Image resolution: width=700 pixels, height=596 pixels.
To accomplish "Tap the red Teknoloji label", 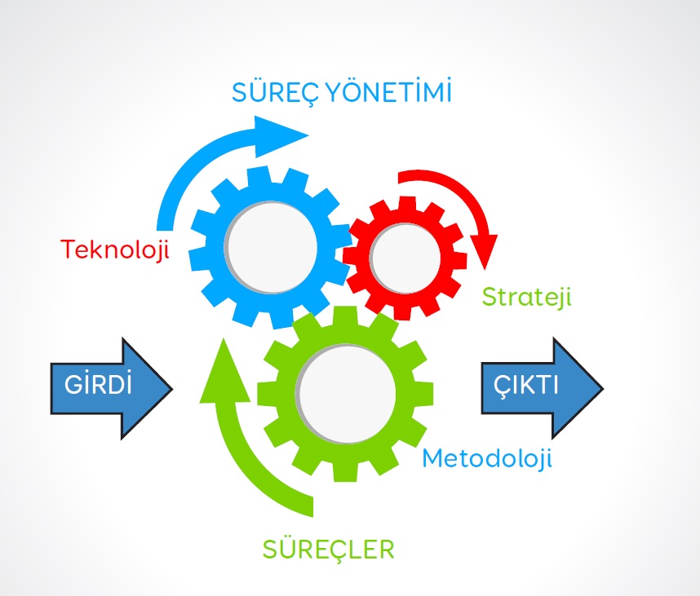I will click(x=115, y=249).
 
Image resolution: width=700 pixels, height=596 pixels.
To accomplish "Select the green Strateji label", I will click(x=526, y=295).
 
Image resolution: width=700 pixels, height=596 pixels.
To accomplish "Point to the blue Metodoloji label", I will click(x=486, y=458).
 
